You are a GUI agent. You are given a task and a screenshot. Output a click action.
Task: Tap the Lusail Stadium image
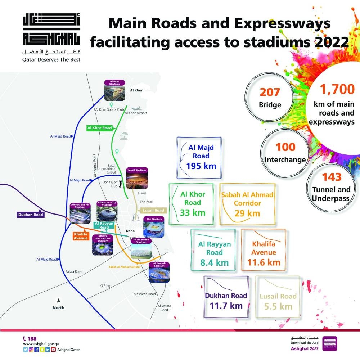(x=137, y=180)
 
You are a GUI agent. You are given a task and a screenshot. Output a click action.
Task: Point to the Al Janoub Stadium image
(x=159, y=274)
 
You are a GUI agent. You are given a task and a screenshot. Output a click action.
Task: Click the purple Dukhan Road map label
(x=31, y=215)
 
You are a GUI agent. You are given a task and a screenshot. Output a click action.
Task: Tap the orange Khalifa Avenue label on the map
(x=78, y=235)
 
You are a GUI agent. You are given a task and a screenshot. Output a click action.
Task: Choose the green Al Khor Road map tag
(x=99, y=127)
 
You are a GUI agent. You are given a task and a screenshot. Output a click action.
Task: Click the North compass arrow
(x=58, y=300)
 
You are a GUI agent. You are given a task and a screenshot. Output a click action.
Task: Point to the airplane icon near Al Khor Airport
(x=136, y=108)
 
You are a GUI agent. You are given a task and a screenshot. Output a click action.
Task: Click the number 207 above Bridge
(x=270, y=92)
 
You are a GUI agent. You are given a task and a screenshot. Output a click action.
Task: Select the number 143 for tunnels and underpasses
(x=332, y=177)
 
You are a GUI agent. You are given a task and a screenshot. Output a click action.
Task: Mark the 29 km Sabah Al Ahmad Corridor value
(x=247, y=213)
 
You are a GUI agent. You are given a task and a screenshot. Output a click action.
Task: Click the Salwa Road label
(x=74, y=271)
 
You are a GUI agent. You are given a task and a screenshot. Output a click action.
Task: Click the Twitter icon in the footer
(x=25, y=350)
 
